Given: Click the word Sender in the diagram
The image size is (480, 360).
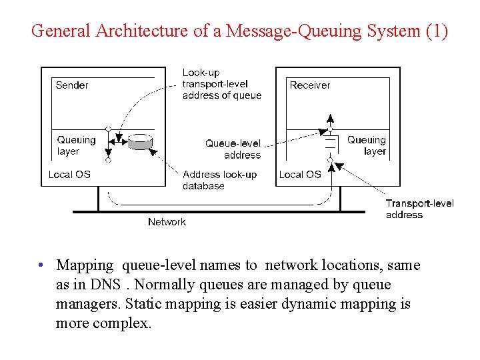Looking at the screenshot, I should [71, 85].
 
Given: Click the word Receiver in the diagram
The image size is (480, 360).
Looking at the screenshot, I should [309, 85].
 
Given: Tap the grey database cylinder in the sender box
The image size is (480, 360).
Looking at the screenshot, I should [140, 142].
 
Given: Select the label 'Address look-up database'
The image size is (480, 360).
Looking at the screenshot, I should [219, 180].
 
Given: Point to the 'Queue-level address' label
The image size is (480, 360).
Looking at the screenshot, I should [233, 149].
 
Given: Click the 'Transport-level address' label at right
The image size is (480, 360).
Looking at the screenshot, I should [419, 209].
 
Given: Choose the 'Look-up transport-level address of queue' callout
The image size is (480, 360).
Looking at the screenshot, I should [221, 84].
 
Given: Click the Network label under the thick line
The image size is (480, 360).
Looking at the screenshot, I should [167, 222].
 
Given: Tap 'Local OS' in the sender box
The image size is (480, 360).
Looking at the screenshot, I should [69, 175].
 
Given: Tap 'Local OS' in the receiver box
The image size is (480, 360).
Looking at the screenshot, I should [300, 175].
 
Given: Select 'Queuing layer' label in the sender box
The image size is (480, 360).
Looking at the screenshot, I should [76, 145].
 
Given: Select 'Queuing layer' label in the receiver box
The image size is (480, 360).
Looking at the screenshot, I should [367, 145].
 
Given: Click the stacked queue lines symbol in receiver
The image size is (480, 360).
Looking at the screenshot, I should [329, 144].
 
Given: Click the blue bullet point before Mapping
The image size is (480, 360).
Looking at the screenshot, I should [41, 265].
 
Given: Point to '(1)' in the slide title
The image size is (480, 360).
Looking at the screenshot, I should [436, 31].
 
